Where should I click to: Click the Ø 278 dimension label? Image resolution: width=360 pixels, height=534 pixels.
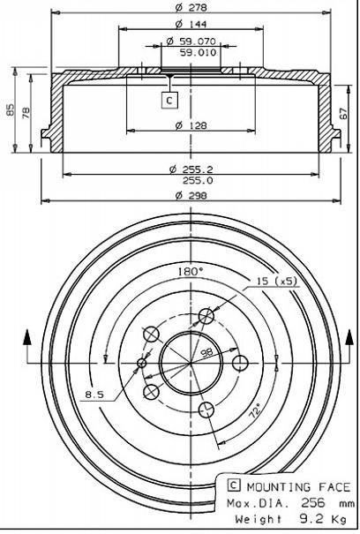click(x=191, y=7)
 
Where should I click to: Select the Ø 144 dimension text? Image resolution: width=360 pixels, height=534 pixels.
click(x=191, y=24)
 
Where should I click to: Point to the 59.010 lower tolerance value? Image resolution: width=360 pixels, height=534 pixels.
click(x=198, y=52)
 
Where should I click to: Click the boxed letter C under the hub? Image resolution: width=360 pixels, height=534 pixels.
click(x=169, y=100)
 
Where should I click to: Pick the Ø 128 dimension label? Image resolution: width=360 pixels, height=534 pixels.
click(x=191, y=125)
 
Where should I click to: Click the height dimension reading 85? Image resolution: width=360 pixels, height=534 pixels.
click(x=11, y=109)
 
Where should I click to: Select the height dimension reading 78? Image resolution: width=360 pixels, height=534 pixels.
click(x=26, y=113)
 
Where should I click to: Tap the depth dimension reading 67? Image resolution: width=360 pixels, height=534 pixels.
click(x=344, y=113)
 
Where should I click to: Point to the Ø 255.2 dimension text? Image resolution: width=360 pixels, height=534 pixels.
click(x=191, y=169)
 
